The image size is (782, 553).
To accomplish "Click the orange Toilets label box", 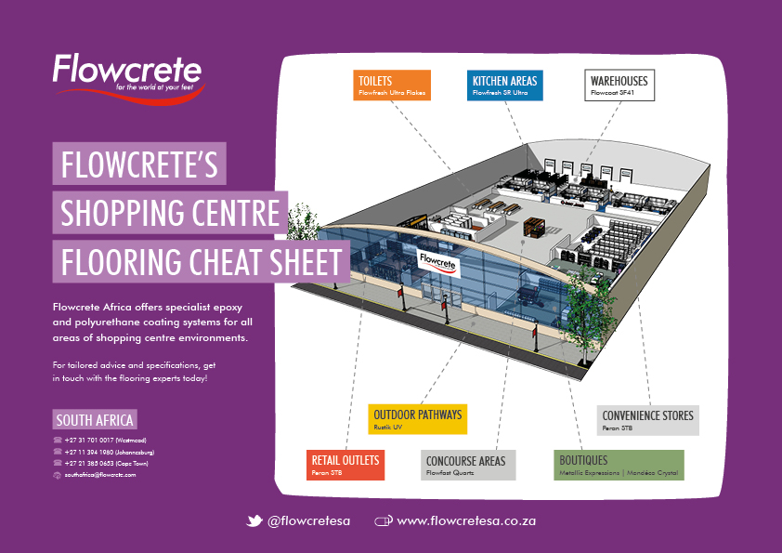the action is [391, 85].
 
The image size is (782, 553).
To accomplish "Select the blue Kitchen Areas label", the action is [504, 85].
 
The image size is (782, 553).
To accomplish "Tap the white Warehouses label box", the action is [619, 85].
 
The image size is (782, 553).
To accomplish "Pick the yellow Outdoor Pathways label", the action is [417, 419].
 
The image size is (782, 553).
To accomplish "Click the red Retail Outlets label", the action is [345, 465].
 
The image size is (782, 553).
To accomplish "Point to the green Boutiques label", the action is [619, 465].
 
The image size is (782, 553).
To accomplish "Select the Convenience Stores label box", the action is [647, 420].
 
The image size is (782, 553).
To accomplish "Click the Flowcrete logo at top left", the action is [126, 73].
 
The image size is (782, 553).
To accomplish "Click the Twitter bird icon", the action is [254, 521].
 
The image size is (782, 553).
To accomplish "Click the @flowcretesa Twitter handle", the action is [308, 521].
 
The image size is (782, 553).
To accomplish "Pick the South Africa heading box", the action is [95, 418].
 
